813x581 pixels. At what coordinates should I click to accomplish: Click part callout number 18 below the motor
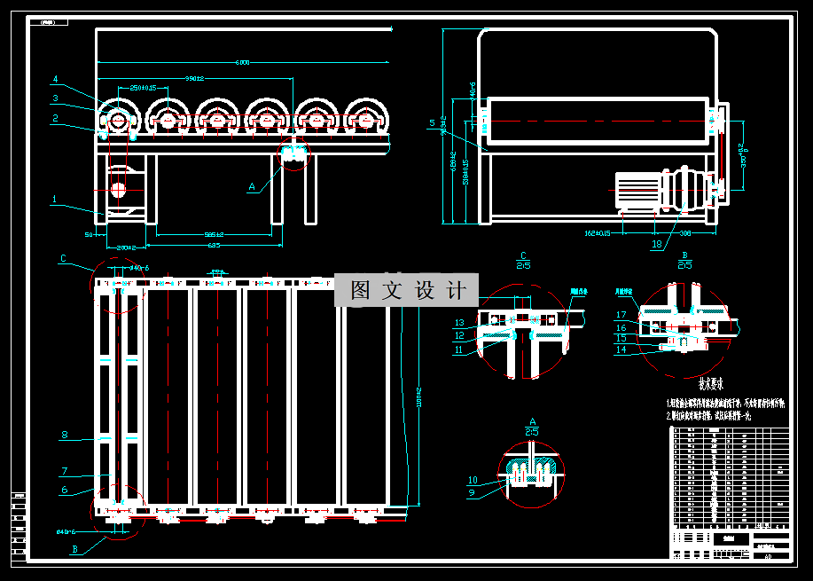pos(656,243)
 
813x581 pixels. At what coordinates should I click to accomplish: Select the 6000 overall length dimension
pos(243,62)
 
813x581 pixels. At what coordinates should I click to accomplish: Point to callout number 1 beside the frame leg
pos(55,200)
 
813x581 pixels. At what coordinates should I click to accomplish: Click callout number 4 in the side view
pos(55,79)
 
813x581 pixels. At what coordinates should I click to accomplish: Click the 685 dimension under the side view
pos(214,245)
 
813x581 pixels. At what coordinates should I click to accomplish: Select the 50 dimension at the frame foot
pos(89,234)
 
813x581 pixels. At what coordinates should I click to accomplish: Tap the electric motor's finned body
pos(638,190)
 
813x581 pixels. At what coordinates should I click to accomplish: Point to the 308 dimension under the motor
pos(685,234)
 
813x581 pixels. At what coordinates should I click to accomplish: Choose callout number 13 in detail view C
pos(459,322)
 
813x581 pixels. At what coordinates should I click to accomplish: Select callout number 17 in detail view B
pos(621,315)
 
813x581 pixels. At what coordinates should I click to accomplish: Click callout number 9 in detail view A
pos(471,492)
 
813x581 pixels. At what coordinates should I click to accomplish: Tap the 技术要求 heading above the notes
pos(712,384)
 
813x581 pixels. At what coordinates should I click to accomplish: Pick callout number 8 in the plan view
pos(64,435)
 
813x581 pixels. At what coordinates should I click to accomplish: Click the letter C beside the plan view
pos(63,259)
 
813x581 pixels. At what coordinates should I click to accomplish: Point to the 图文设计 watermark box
pos(406,290)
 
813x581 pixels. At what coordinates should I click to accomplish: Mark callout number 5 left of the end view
pos(432,122)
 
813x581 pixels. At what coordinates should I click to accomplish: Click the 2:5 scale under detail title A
pos(533,431)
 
